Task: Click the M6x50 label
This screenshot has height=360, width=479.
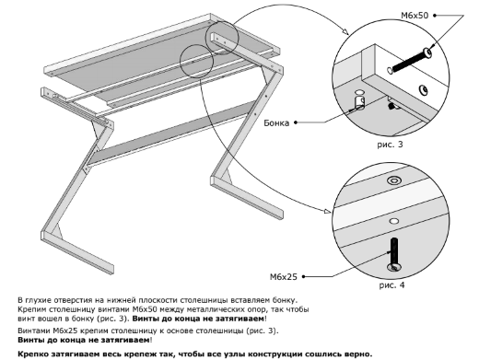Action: pos(415,16)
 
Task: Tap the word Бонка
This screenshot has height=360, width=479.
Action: pos(276,122)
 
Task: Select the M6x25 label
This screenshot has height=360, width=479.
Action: pos(284,277)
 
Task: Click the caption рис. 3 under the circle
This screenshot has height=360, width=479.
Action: pos(390,145)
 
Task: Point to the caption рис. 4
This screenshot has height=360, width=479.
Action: pos(391,285)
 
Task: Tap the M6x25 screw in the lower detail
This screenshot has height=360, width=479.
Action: pos(394,254)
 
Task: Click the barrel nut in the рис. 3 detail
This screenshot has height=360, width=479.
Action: pos(359,102)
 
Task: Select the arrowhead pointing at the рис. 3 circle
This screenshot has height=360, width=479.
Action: pos(345,31)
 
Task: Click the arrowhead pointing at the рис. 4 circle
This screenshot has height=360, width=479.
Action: pos(327,211)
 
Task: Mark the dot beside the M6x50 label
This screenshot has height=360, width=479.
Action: pos(435,16)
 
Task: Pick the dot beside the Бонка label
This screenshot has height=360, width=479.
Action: pos(296,122)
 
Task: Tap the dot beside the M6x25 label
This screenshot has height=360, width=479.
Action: pos(303,276)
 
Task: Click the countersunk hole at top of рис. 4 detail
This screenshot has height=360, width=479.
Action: pos(394,180)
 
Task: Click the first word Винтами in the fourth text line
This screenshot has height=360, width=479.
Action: pos(34,331)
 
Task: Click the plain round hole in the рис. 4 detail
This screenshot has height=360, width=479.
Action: pos(394,221)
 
